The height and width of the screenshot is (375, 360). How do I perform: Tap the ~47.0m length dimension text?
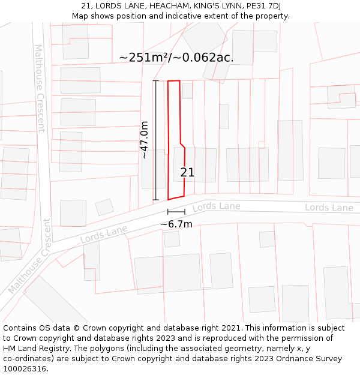pyautogui.click(x=144, y=140)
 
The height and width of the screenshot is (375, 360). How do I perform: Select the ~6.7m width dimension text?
pyautogui.click(x=176, y=224)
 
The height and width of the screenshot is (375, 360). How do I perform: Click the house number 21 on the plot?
pyautogui.click(x=187, y=173)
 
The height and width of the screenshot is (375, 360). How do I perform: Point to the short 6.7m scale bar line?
pyautogui.click(x=176, y=212)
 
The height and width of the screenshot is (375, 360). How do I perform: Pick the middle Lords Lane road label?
pyautogui.click(x=216, y=207)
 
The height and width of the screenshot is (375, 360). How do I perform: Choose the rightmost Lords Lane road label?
pyautogui.click(x=329, y=208)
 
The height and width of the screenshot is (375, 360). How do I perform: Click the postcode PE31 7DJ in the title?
pyautogui.click(x=264, y=6)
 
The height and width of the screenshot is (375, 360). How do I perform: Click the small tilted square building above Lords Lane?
pyautogui.click(x=104, y=207)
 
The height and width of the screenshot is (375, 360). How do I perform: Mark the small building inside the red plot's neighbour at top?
pyautogui.click(x=187, y=91)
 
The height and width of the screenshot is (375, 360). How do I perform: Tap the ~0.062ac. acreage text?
pyautogui.click(x=208, y=58)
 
